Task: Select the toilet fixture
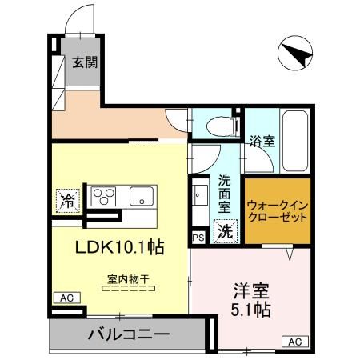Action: point(218,125)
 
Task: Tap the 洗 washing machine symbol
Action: point(226,233)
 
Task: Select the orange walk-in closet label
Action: point(277,210)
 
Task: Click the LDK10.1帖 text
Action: point(119,247)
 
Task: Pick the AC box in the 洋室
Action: point(294,342)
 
